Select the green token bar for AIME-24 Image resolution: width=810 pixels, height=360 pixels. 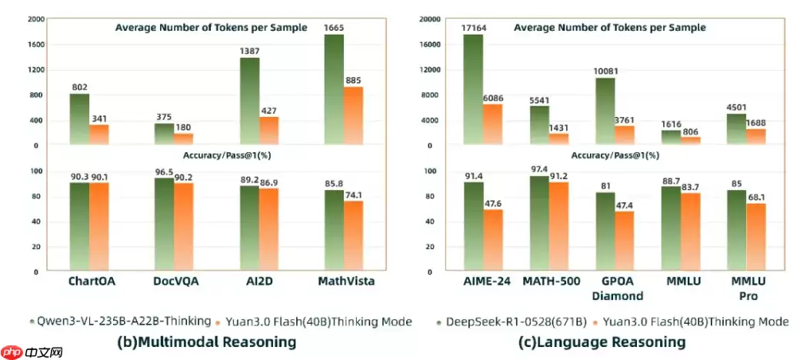click(473, 89)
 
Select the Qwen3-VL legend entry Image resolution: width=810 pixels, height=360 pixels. click(118, 322)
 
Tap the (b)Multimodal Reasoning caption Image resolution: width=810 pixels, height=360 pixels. click(206, 342)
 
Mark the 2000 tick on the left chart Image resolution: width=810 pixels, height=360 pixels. click(33, 20)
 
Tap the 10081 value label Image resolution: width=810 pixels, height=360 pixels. click(605, 72)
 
